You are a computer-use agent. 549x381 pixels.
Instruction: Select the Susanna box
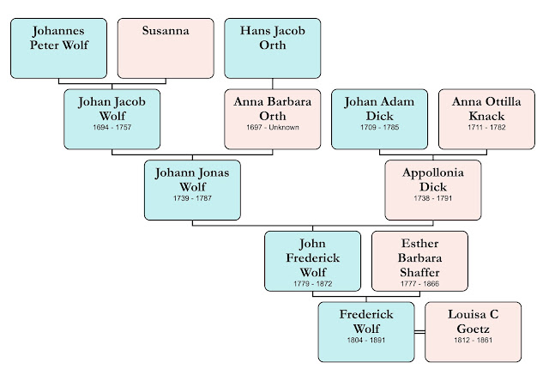pyautogui.click(x=166, y=48)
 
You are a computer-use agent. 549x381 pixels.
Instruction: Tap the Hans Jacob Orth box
pyautogui.click(x=272, y=48)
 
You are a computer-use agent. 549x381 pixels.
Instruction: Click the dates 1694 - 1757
pyautogui.click(x=112, y=128)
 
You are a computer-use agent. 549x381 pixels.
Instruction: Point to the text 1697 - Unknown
pyautogui.click(x=272, y=128)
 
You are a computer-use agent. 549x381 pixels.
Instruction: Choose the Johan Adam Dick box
pyautogui.click(x=379, y=119)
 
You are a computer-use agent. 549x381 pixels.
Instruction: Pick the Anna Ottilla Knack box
pyautogui.click(x=486, y=119)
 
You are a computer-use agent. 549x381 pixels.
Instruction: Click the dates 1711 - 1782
pyautogui.click(x=486, y=128)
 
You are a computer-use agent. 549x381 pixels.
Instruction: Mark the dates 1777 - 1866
pyautogui.click(x=419, y=284)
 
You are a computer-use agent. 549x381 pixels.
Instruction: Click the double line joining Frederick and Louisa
pyautogui.click(x=419, y=332)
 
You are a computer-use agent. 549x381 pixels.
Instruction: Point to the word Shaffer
pyautogui.click(x=419, y=271)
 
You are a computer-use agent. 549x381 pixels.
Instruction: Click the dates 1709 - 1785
pyautogui.click(x=379, y=128)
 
